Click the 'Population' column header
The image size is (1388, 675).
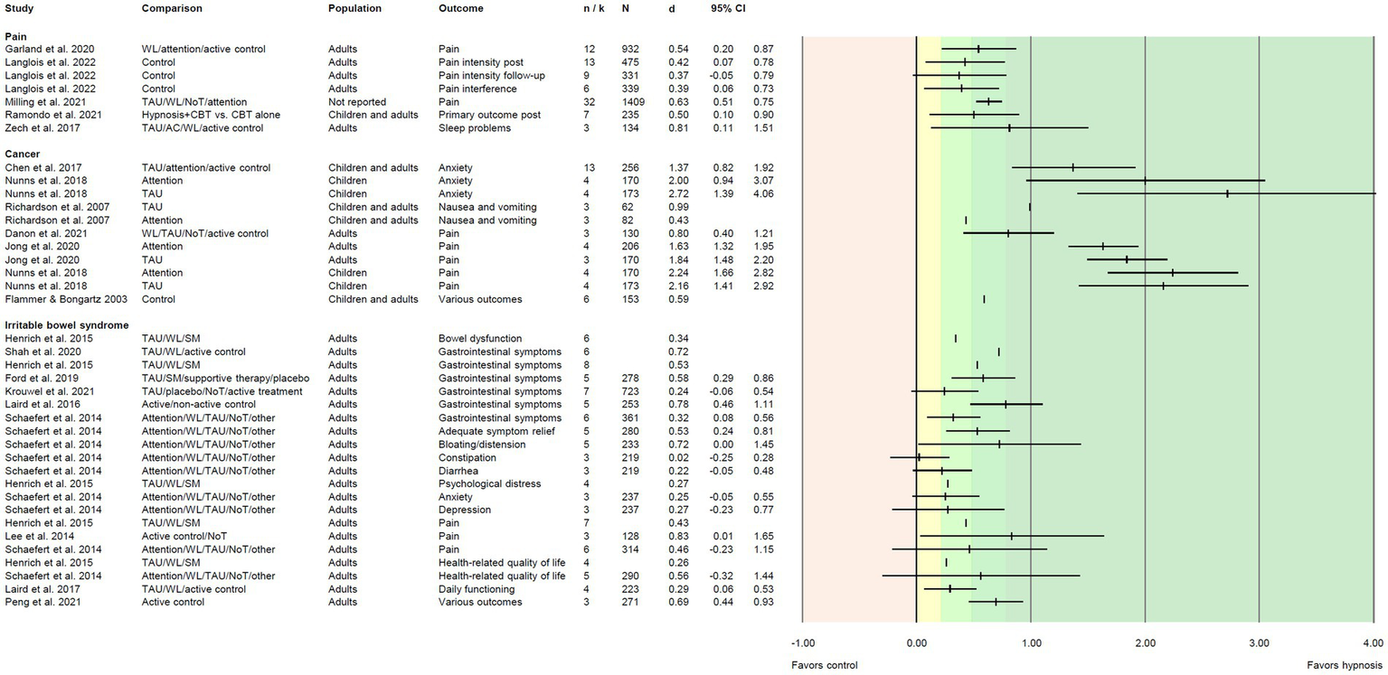coord(354,8)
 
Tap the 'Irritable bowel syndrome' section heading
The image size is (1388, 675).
coord(67,324)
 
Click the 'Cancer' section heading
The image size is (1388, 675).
coord(24,154)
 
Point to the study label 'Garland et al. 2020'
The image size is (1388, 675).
coord(50,49)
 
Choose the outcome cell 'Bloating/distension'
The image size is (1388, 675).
coord(476,445)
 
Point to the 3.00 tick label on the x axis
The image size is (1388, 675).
coord(1259,643)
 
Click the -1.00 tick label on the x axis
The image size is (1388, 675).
coord(802,643)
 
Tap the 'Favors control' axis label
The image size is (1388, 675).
coord(824,665)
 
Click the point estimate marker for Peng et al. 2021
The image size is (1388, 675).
coord(996,602)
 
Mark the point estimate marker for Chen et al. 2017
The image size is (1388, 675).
coord(1073,167)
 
